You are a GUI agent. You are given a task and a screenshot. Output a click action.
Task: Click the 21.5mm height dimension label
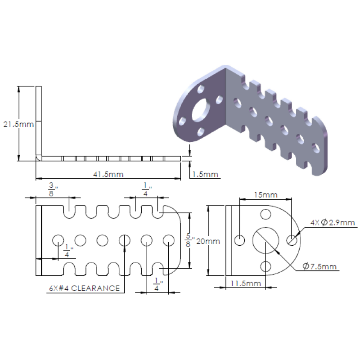tap(18, 125)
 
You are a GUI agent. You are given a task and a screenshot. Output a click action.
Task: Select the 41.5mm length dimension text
tap(108, 174)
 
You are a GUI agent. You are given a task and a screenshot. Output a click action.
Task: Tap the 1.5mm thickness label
tap(205, 174)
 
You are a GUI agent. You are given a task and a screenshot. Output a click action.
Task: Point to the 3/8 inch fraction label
tap(53, 189)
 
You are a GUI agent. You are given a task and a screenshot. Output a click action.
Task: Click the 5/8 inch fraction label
tap(189, 240)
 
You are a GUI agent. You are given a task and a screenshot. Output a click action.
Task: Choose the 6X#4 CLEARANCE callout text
tap(85, 288)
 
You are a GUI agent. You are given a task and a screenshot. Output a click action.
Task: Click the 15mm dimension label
tap(265, 195)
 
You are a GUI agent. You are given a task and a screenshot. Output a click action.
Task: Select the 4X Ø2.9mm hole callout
tap(333, 222)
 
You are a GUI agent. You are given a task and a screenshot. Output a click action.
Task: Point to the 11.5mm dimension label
tap(246, 283)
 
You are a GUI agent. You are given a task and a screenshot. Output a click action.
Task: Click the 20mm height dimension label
tap(208, 241)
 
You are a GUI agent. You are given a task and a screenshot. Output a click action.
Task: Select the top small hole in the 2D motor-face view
tap(265, 214)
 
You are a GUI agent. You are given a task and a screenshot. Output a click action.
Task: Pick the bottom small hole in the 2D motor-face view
tap(265, 266)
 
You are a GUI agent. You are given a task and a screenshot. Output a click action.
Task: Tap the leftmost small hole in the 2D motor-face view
tap(240, 240)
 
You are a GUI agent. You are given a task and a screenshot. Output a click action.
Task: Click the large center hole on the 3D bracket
tap(201, 110)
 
